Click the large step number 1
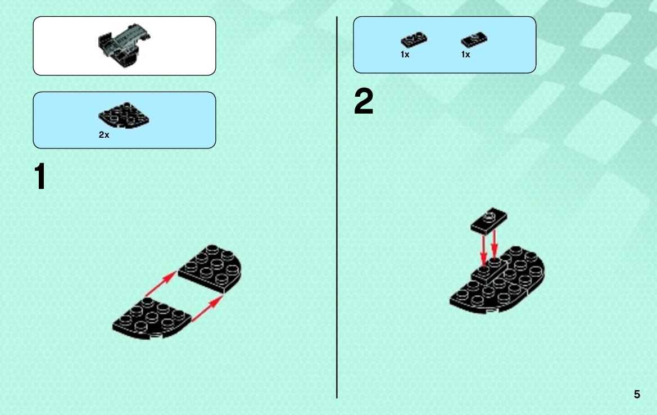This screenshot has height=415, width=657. [x=40, y=177]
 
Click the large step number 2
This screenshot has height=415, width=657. [x=363, y=101]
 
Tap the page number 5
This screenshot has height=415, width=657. [x=637, y=394]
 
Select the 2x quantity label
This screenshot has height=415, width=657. [x=104, y=134]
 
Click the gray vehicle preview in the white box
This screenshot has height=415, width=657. [x=124, y=44]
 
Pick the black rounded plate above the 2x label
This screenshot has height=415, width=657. [x=124, y=115]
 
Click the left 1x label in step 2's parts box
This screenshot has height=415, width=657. [x=405, y=55]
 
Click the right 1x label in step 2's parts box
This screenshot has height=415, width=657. [x=465, y=55]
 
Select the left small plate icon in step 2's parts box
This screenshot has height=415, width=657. [x=414, y=40]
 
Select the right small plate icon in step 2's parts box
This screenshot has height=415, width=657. [x=474, y=40]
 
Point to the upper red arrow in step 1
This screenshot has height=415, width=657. [x=161, y=284]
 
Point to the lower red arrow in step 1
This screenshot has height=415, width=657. [x=207, y=309]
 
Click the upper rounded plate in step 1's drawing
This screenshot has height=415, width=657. [x=210, y=269]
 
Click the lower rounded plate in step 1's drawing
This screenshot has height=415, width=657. [x=152, y=319]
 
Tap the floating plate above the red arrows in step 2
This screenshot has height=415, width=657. [x=488, y=221]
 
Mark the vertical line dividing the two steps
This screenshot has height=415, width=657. [x=337, y=207]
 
